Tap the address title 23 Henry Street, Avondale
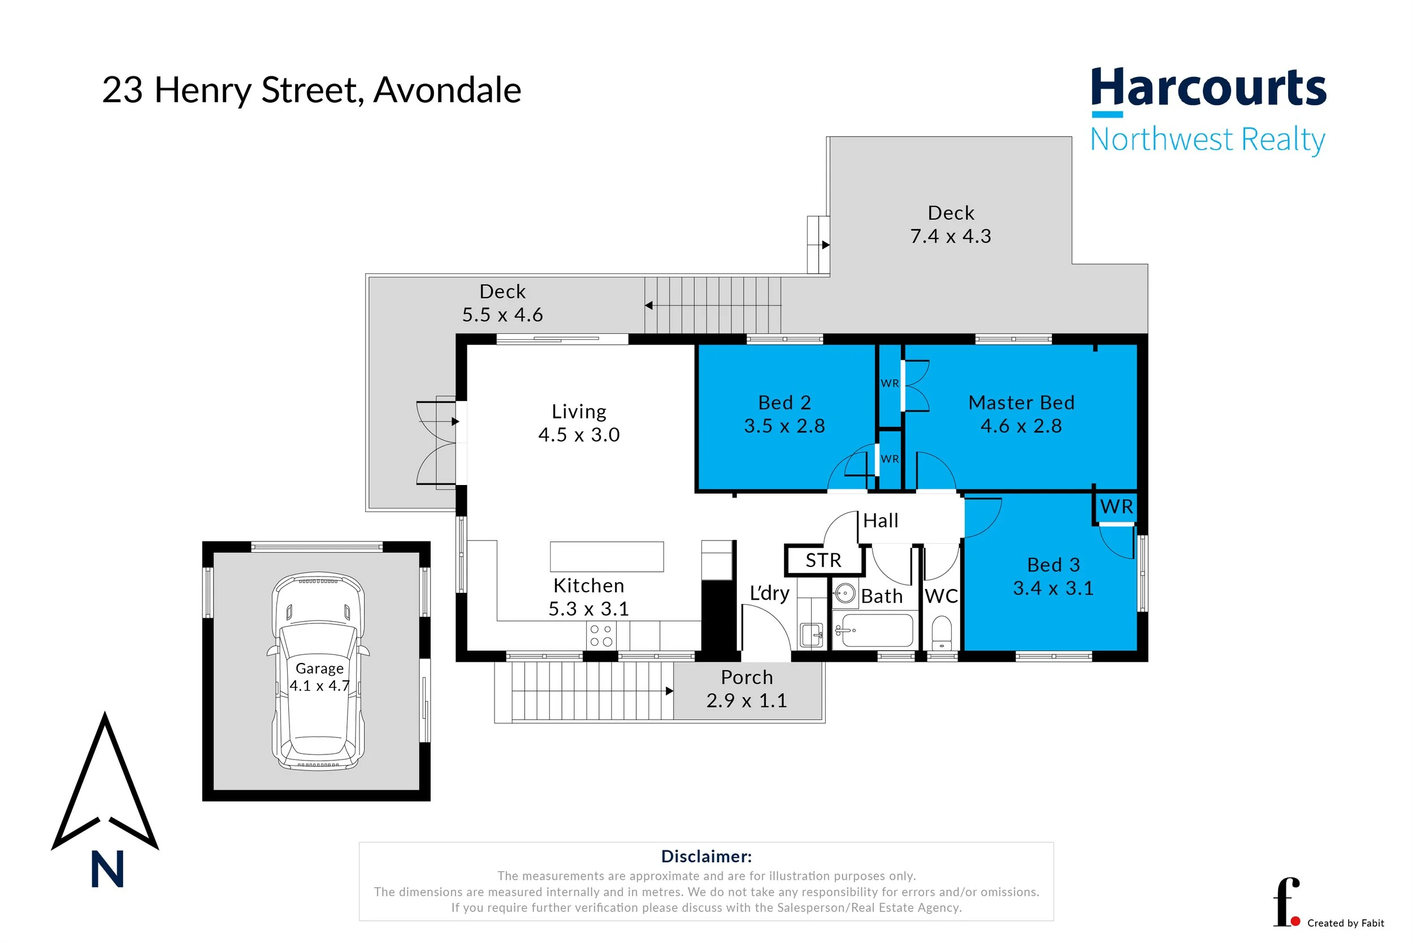(311, 90)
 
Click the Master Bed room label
(1021, 403)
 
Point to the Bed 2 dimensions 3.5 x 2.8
(784, 426)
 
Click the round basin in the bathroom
(845, 594)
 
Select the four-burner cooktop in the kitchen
(601, 636)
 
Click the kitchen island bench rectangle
(606, 556)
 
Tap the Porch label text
(746, 677)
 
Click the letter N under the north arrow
(107, 870)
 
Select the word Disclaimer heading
(706, 857)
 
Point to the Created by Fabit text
(1345, 923)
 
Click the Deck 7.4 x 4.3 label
(950, 224)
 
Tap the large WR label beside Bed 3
(1116, 507)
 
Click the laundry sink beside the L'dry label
(811, 635)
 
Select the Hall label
(881, 520)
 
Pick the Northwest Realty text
(1207, 139)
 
